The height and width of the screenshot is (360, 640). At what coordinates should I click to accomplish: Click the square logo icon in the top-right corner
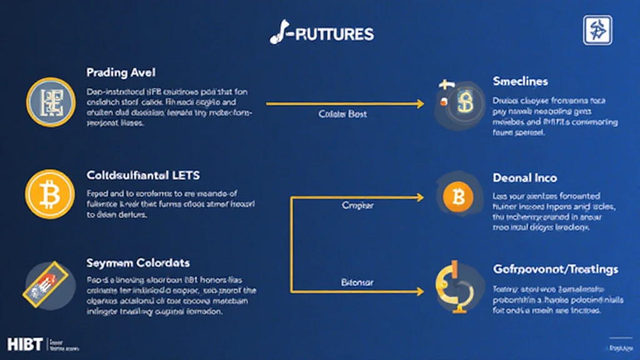click(597, 30)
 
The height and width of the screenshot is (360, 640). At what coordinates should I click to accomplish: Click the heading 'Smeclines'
click(520, 81)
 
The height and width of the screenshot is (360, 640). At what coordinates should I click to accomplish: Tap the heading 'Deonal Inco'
click(524, 178)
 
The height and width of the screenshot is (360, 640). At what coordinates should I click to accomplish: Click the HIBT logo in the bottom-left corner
click(26, 344)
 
